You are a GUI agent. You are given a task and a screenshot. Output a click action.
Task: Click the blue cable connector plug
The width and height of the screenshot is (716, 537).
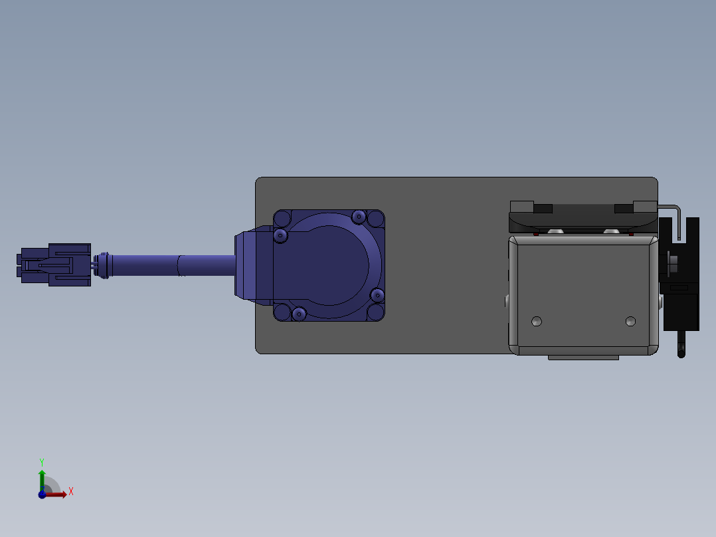pos(54,265)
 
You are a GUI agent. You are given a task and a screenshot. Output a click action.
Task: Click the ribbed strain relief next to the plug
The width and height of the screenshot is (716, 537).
pos(103,265)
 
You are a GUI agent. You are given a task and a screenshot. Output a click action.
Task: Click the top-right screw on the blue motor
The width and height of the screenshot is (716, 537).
pos(359,217)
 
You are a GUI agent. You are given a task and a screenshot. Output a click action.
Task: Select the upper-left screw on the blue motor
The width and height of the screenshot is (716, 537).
pos(280,236)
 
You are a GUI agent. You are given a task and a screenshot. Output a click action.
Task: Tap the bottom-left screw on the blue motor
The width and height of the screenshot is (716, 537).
pos(299,314)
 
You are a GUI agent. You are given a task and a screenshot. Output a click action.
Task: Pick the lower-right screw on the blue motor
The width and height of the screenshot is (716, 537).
pos(378,295)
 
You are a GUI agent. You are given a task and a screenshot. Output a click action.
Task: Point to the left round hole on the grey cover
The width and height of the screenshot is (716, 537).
pos(537,321)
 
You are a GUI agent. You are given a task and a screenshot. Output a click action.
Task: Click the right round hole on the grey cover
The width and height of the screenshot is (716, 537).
pos(630,321)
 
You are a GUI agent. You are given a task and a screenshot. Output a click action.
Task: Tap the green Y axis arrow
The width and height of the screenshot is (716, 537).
pos(42,481)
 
